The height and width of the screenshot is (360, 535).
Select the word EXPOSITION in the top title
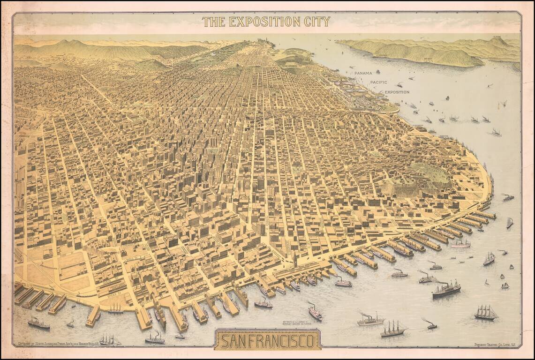261,22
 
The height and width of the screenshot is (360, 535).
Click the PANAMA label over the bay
363,73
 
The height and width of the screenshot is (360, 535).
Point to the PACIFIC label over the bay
379,82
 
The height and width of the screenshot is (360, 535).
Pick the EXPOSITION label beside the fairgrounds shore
397,92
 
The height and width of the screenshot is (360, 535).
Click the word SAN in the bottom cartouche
234,341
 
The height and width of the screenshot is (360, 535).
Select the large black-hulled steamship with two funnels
446,290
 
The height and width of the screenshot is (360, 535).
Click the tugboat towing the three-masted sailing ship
430,324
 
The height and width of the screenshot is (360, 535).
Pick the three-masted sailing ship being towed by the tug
393,330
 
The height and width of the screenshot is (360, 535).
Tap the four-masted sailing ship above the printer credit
485,313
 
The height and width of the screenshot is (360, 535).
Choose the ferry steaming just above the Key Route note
315,312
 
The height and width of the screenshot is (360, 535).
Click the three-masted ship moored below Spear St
115,308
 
